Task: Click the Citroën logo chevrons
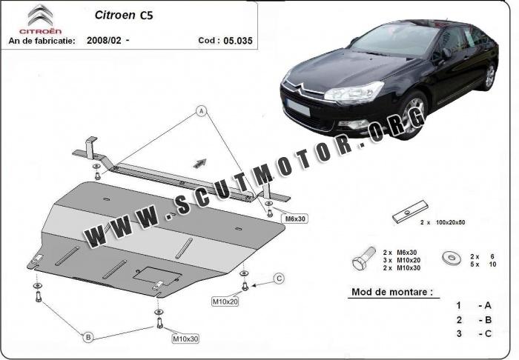[40, 16]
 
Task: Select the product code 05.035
[238, 41]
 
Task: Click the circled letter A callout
[201, 111]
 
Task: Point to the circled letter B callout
[88, 337]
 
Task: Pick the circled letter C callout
[279, 279]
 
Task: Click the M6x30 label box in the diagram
[295, 219]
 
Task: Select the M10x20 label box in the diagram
[225, 301]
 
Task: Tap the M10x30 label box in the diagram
[185, 339]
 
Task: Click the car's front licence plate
[298, 107]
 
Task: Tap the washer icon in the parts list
[452, 258]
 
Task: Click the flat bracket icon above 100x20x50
[410, 212]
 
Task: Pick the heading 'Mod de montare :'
[392, 292]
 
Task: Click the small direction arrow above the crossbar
[200, 163]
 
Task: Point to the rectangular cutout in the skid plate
[157, 276]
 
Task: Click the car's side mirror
[446, 53]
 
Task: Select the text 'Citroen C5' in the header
[124, 15]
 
